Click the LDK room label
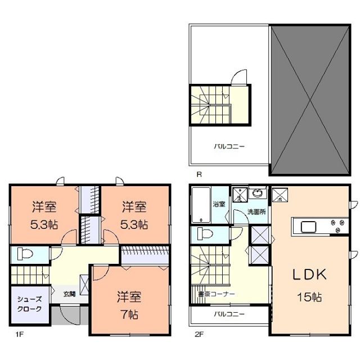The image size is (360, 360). point(309,275)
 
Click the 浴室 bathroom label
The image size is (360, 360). point(219,204)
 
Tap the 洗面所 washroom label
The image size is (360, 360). point(256,212)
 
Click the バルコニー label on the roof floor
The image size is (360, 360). point(229,146)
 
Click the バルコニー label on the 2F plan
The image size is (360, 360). point(229,314)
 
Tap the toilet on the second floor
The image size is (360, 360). point(204,233)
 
